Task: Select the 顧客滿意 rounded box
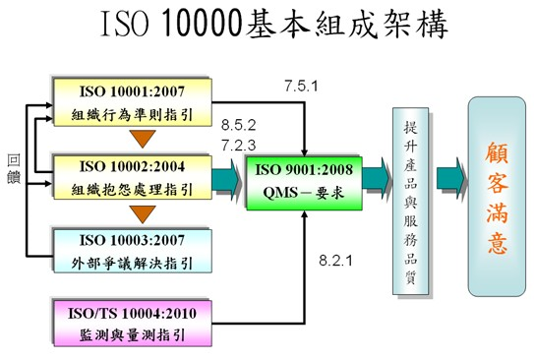(497, 197)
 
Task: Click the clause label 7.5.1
(298, 87)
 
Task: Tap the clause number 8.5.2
(239, 126)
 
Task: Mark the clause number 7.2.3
(239, 144)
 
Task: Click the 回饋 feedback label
(13, 168)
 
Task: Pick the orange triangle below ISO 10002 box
(145, 211)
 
